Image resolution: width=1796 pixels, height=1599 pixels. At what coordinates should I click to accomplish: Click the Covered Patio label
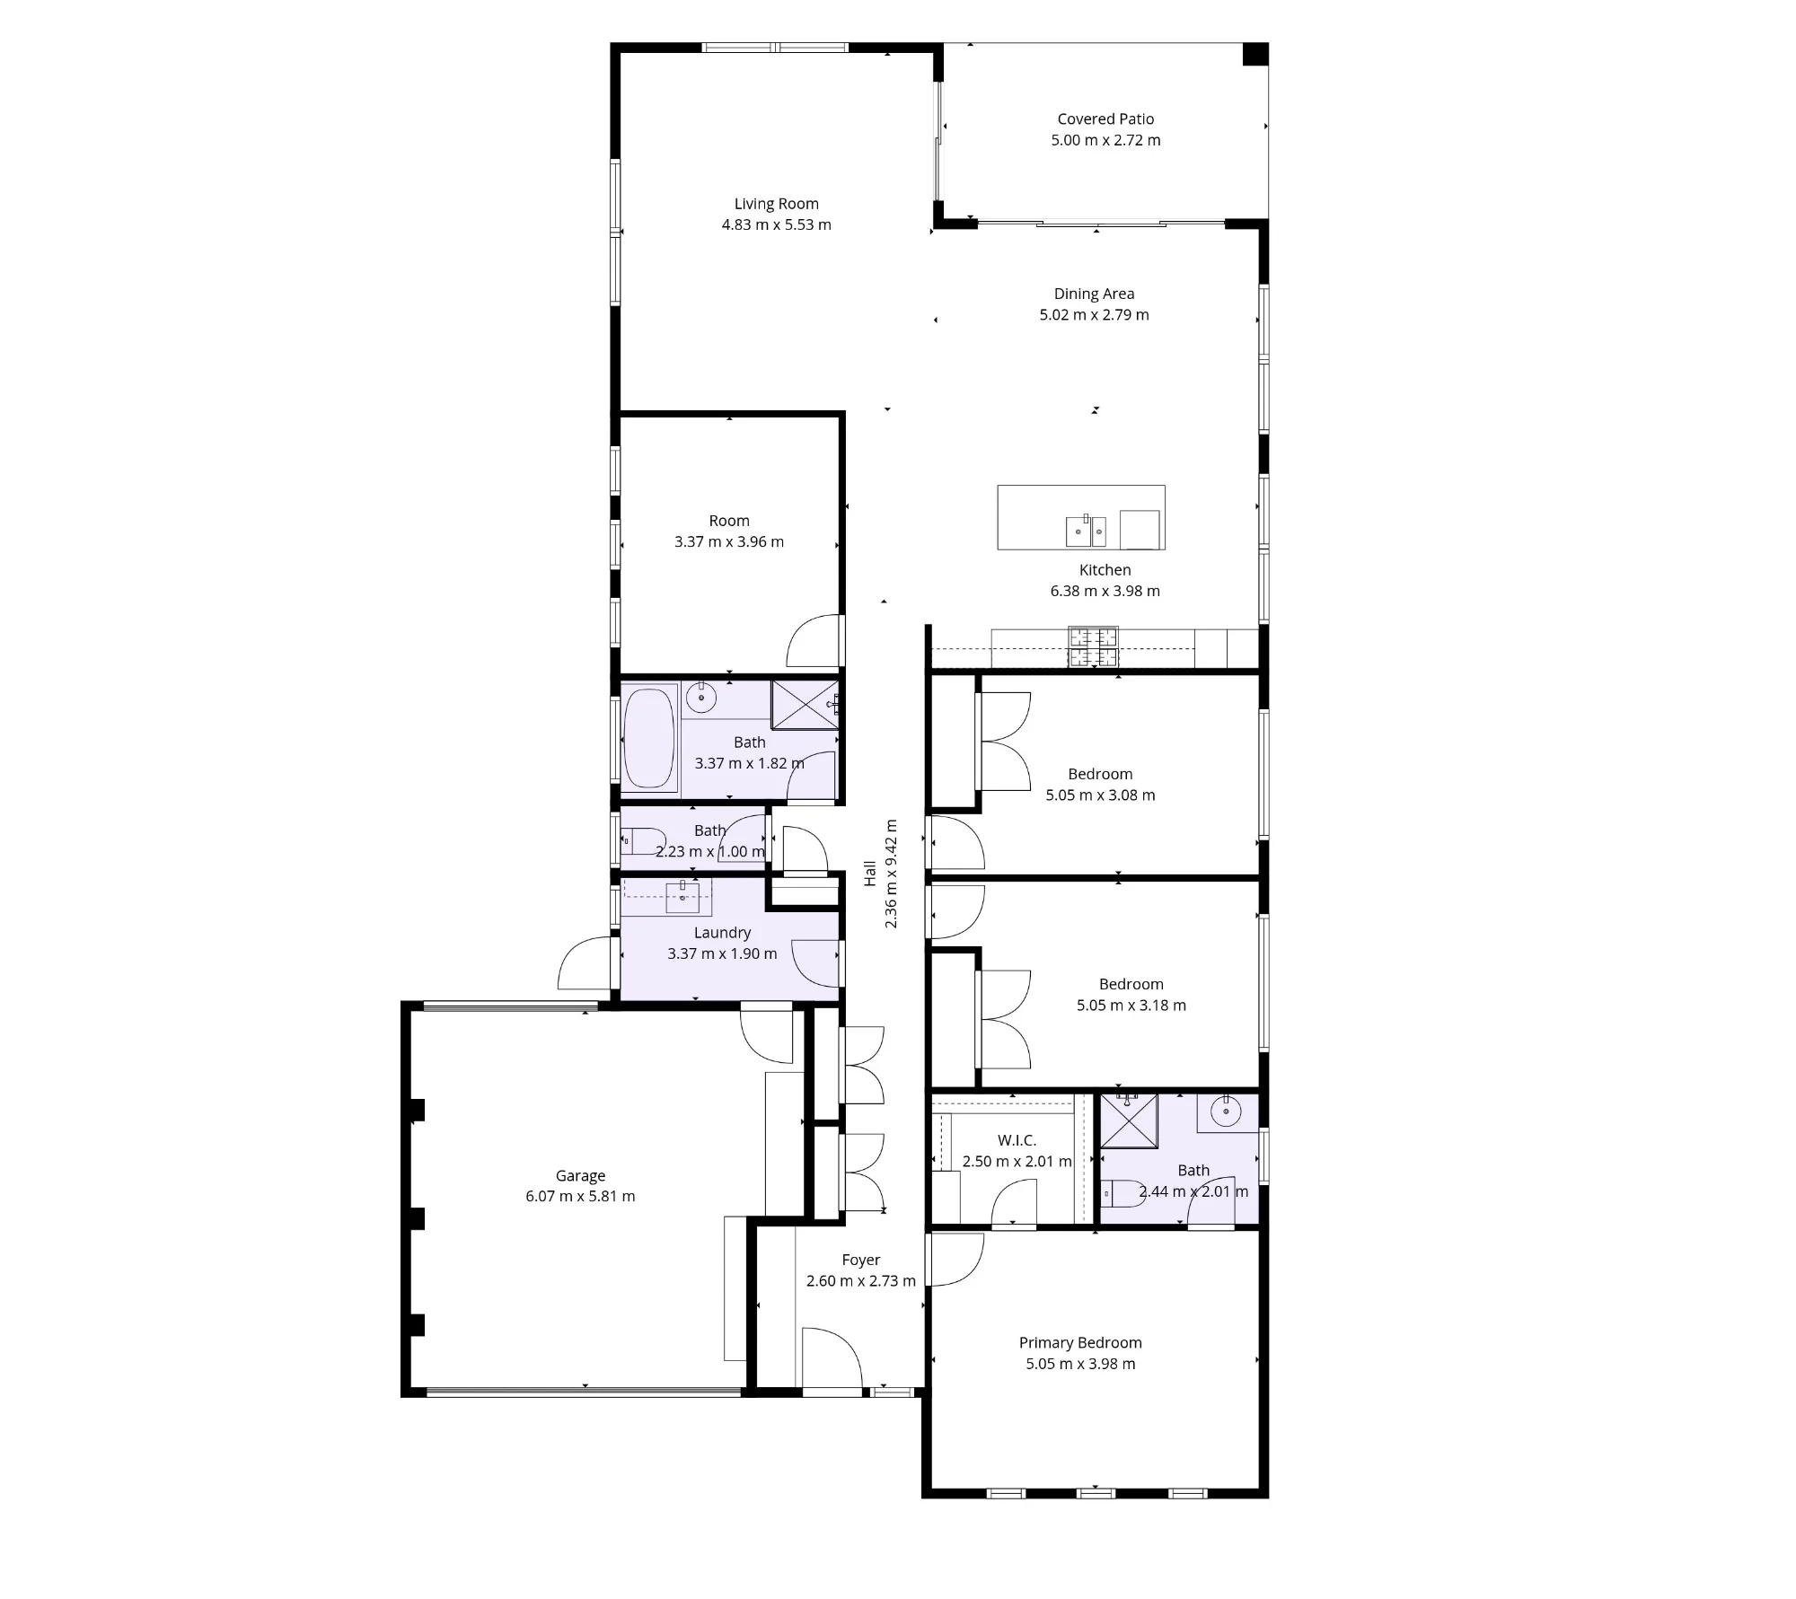pyautogui.click(x=1105, y=119)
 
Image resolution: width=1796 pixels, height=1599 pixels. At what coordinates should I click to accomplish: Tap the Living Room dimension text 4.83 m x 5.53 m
pyautogui.click(x=777, y=224)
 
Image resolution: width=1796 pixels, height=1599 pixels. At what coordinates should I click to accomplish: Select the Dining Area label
pyautogui.click(x=1094, y=294)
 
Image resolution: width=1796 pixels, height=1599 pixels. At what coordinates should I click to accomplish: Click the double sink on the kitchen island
pyautogui.click(x=1087, y=531)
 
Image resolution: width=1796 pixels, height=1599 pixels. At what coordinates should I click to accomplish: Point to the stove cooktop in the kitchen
pyautogui.click(x=1093, y=647)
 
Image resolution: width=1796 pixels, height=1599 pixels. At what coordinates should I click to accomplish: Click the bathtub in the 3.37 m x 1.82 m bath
pyautogui.click(x=649, y=737)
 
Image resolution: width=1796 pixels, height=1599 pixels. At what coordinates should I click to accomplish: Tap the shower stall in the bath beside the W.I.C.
pyautogui.click(x=1129, y=1120)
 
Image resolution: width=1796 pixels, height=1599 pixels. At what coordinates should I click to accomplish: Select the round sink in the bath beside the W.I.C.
pyautogui.click(x=1226, y=1111)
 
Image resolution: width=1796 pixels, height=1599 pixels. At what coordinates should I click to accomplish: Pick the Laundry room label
pyautogui.click(x=722, y=933)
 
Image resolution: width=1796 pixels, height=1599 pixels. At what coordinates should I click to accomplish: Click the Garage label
pyautogui.click(x=580, y=1175)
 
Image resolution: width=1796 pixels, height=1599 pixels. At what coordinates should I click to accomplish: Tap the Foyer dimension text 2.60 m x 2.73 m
pyautogui.click(x=861, y=1281)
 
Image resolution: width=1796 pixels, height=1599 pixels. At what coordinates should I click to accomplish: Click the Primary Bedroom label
pyautogui.click(x=1080, y=1342)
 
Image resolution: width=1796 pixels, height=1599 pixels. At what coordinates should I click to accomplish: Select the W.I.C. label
pyautogui.click(x=1017, y=1140)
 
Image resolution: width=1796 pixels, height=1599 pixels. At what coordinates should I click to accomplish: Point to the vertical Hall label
pyautogui.click(x=869, y=874)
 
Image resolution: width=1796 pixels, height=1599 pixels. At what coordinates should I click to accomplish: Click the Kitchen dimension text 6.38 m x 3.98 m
pyautogui.click(x=1105, y=591)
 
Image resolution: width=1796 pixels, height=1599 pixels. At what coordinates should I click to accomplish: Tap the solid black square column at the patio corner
pyautogui.click(x=1255, y=54)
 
